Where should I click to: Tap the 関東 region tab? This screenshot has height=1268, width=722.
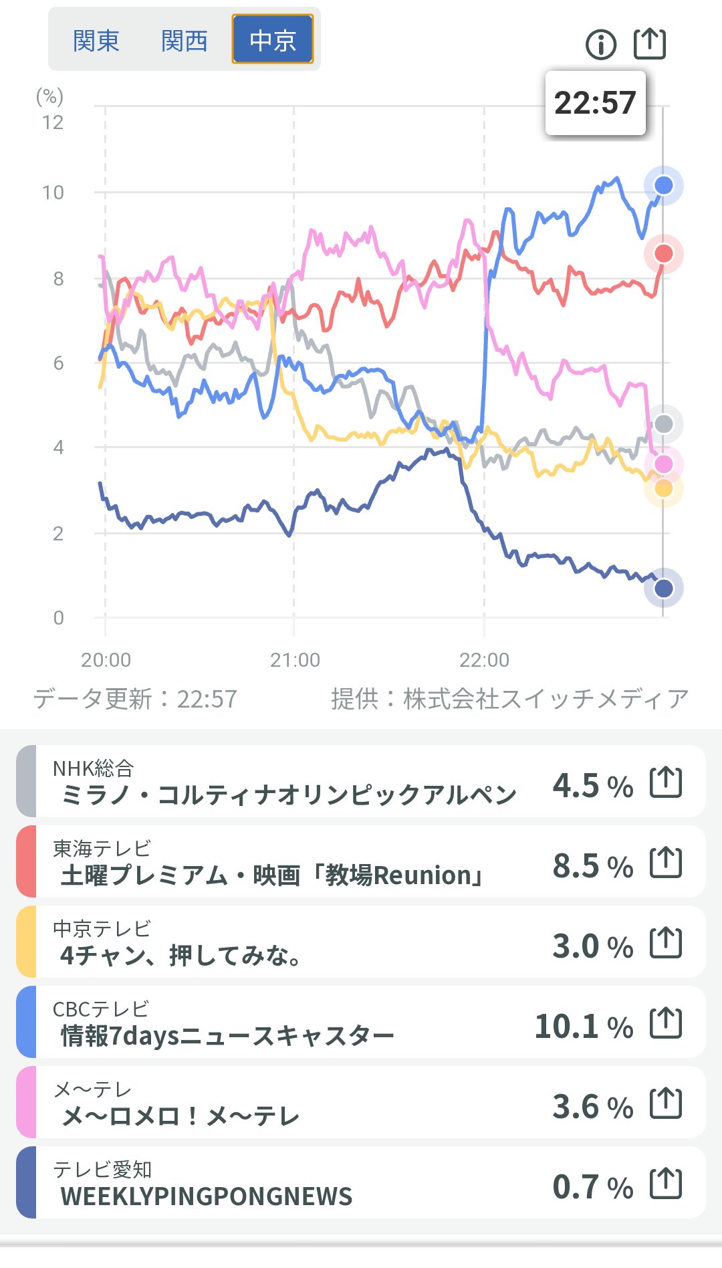(96, 41)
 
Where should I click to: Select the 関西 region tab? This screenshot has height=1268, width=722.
(185, 41)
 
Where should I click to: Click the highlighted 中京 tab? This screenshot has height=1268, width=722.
(273, 39)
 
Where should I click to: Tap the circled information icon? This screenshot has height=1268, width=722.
(601, 45)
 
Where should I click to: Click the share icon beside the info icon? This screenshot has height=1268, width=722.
(650, 44)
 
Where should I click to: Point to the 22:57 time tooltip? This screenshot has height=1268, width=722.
(595, 103)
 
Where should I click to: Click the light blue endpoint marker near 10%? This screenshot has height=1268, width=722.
(663, 185)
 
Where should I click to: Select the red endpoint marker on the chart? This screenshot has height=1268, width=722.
(663, 253)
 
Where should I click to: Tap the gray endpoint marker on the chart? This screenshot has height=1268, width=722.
(663, 423)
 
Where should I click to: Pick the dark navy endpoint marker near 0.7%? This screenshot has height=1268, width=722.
(663, 589)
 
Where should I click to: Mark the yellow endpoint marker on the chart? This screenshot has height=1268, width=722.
(663, 489)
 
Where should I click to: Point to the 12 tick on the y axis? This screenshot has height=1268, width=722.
(53, 122)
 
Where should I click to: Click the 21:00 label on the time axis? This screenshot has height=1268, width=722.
(295, 660)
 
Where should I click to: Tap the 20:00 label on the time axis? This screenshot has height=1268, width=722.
(106, 660)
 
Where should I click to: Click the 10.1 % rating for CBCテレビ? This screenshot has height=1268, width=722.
(584, 1026)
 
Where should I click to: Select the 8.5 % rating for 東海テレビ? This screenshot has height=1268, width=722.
(592, 865)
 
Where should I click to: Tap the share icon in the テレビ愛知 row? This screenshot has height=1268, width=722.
(666, 1184)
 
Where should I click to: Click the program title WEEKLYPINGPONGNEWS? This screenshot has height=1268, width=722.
(207, 1196)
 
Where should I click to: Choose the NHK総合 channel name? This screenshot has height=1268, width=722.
(94, 768)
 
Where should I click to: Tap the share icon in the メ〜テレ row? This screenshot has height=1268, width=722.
(666, 1103)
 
